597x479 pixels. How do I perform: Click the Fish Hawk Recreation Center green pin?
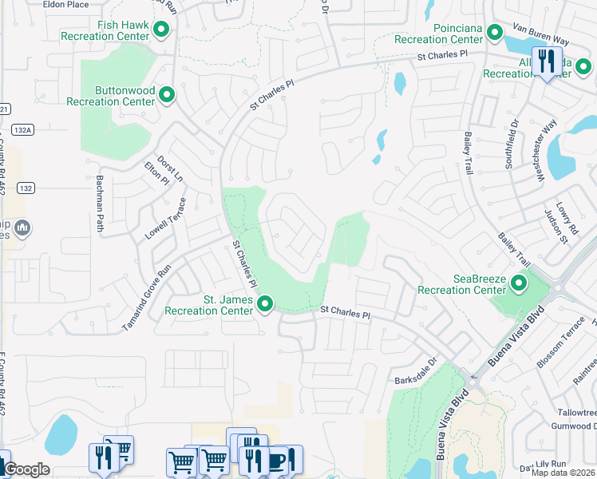pos(161,31)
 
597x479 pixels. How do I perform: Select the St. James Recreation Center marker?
pos(265,304)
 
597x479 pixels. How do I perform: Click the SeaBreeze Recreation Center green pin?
pos(519,284)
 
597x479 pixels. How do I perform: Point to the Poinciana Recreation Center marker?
pos(495,34)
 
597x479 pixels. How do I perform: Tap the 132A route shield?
pos(24,129)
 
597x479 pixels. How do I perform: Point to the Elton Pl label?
pos(156,174)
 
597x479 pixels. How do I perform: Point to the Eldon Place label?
pos(66,5)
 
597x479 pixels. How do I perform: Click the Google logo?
pos(26,469)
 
